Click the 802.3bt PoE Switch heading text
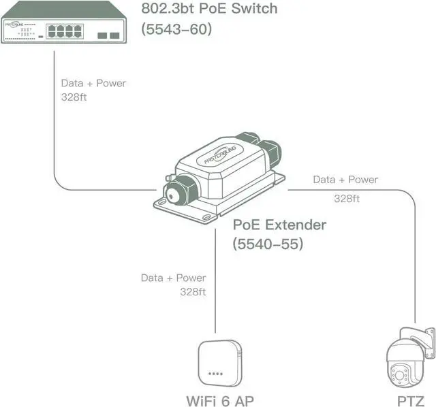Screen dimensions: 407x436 click(210, 9)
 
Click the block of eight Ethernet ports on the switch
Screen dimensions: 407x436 click(64, 30)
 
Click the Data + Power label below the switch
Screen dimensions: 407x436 click(93, 83)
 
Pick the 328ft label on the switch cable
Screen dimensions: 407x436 click(74, 97)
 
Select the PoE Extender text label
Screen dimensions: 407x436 click(279, 224)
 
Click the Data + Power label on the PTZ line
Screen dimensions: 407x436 click(345, 180)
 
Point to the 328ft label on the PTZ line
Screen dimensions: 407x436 click(347, 199)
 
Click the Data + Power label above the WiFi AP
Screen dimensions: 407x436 click(173, 278)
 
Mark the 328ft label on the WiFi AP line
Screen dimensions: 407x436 click(193, 291)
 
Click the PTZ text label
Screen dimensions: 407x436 click(411, 400)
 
